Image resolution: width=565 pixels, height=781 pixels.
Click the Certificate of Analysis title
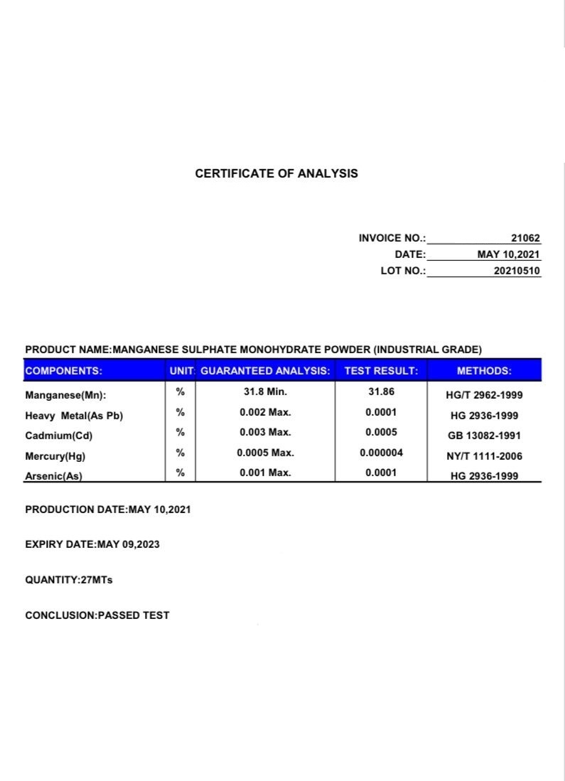(x=276, y=173)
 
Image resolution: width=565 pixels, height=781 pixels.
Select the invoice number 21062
(x=526, y=239)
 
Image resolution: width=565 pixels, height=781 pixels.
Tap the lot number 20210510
(x=517, y=271)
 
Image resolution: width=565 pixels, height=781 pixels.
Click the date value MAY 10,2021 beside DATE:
(x=509, y=254)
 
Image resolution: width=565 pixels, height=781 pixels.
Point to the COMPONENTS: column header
(x=63, y=370)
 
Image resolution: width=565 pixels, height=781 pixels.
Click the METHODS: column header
(x=484, y=370)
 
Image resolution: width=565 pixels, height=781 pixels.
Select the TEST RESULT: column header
(x=381, y=370)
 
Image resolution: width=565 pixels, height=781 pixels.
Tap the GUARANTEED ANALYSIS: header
(x=266, y=370)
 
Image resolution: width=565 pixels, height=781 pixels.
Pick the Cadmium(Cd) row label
(x=59, y=436)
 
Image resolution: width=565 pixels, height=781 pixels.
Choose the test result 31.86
(x=381, y=392)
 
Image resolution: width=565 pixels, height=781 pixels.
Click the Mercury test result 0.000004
(x=381, y=452)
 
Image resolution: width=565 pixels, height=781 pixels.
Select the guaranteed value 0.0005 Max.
(x=265, y=452)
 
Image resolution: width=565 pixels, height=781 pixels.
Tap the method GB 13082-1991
(x=484, y=436)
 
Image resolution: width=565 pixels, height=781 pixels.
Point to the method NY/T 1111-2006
(x=484, y=456)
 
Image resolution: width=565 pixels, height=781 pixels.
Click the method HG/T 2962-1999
(x=484, y=395)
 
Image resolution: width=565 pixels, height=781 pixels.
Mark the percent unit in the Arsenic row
(x=181, y=472)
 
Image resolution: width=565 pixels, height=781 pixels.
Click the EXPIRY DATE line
(x=92, y=544)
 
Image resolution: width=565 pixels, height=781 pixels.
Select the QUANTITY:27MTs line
(x=69, y=580)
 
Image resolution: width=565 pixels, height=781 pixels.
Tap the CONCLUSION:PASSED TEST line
(x=97, y=615)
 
